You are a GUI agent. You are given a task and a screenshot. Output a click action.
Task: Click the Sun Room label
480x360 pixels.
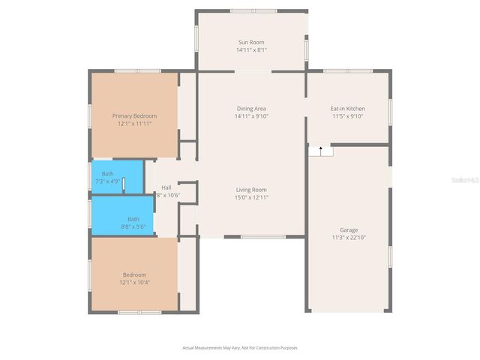251,42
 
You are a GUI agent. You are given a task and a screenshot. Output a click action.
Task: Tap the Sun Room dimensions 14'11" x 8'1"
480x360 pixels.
251,50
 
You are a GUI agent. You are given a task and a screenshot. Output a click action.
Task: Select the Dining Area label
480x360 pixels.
251,109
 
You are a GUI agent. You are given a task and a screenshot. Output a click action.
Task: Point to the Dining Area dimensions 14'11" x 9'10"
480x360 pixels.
251,116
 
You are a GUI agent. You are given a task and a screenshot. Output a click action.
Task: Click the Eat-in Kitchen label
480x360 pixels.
347,109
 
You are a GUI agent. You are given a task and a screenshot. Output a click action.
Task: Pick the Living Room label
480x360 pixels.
251,190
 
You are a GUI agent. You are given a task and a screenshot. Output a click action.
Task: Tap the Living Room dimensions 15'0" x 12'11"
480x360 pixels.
251,197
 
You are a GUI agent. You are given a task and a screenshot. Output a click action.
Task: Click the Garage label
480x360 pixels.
349,230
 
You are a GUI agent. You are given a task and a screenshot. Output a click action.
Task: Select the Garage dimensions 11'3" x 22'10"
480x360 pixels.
349,238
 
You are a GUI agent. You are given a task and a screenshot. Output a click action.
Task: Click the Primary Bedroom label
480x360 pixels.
134,115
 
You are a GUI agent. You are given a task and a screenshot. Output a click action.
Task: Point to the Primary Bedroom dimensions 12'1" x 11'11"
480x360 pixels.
134,124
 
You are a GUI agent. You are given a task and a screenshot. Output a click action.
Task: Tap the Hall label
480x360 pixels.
166,187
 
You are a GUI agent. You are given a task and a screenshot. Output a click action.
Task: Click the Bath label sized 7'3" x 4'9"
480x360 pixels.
108,174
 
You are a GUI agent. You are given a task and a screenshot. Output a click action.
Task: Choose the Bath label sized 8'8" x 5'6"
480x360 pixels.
133,219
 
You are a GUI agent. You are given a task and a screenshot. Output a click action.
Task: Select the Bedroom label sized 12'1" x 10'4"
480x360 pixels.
134,274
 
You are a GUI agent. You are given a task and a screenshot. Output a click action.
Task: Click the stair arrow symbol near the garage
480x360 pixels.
321,149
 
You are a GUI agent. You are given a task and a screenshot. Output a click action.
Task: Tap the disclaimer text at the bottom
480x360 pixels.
240,347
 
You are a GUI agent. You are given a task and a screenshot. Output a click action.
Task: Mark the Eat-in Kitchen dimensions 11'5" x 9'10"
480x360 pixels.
347,116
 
